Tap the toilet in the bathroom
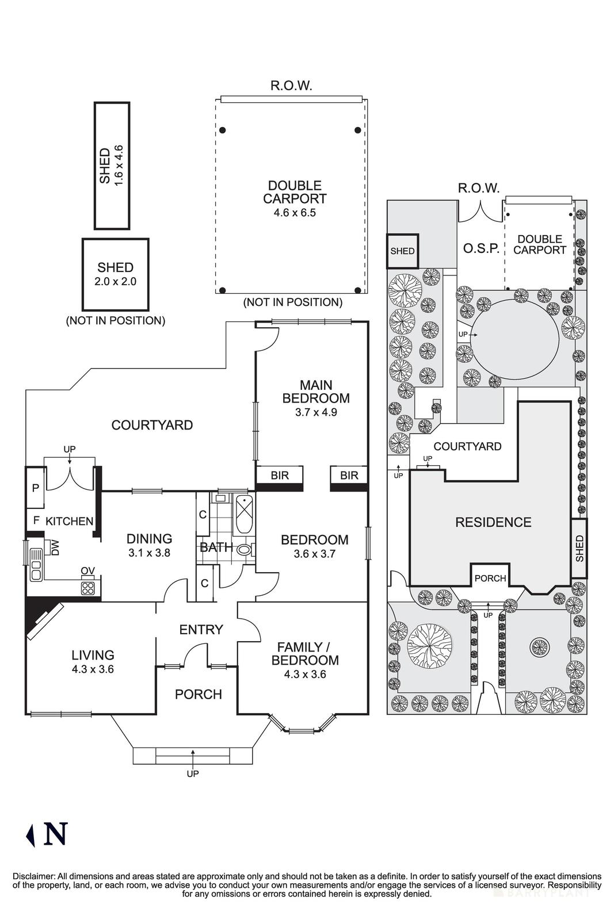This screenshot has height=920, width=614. pos(244,550)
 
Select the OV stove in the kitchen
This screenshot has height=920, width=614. pos(87,588)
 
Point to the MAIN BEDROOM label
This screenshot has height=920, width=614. pos(315,392)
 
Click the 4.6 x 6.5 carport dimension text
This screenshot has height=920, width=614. pos(295,212)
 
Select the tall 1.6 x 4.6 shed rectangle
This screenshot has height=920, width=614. pos(112,166)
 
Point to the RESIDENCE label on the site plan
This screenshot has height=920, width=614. pos(493,522)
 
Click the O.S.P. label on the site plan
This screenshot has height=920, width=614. pos(480,249)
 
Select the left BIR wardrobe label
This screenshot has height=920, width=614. pos(279,476)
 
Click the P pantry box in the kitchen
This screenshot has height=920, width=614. pos(35,488)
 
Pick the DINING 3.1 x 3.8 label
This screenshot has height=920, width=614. pos(149,545)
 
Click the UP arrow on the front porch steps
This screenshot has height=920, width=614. pos(193,753)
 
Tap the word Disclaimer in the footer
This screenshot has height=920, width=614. pos(32,876)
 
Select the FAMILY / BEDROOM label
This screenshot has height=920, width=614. pos(305,660)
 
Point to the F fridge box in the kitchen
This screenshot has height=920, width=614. pos(36,520)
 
